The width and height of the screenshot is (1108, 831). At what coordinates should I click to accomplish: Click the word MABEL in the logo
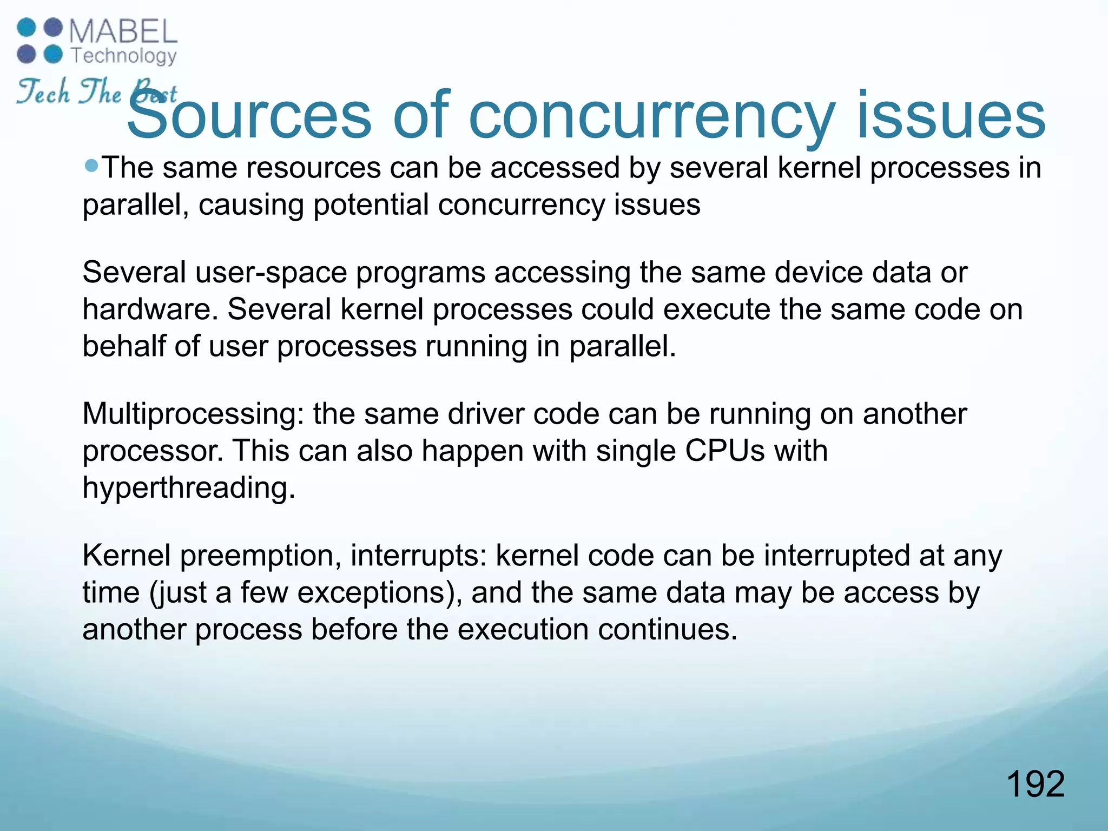(x=123, y=32)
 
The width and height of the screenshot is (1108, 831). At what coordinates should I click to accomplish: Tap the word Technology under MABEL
(x=124, y=56)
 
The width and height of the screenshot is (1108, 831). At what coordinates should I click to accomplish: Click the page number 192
(x=1036, y=784)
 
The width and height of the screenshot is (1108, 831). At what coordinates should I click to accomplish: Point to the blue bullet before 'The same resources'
(x=92, y=164)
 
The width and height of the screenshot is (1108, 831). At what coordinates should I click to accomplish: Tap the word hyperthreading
(x=189, y=487)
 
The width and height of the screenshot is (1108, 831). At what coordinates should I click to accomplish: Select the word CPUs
(x=725, y=451)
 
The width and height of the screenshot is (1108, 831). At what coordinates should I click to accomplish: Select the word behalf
(x=124, y=346)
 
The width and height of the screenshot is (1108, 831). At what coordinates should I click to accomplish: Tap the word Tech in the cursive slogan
(x=43, y=92)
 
